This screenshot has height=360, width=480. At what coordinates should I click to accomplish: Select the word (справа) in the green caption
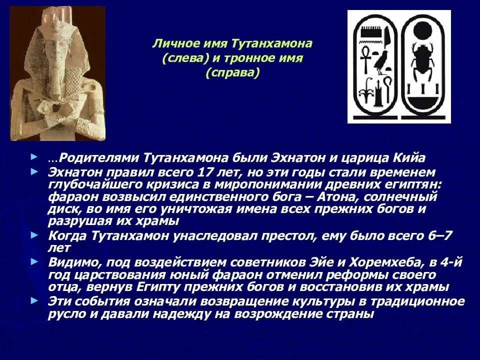click(232, 73)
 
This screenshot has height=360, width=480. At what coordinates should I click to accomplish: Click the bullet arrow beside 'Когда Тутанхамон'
click(33, 234)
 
